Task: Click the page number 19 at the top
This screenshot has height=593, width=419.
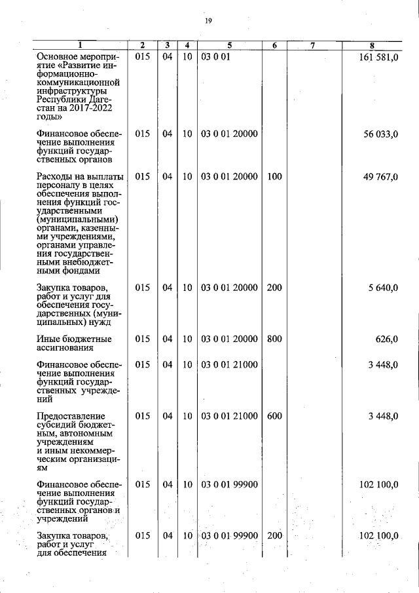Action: click(x=208, y=21)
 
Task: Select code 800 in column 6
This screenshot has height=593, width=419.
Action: click(x=274, y=339)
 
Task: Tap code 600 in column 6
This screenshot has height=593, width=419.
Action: click(x=274, y=415)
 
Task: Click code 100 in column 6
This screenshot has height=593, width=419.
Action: click(x=274, y=177)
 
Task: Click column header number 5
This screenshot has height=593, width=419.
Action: click(x=229, y=45)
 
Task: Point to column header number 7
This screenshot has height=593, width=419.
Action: click(x=313, y=45)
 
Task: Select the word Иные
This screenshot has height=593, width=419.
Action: click(x=48, y=339)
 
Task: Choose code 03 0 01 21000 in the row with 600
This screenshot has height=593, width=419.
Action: click(x=229, y=415)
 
